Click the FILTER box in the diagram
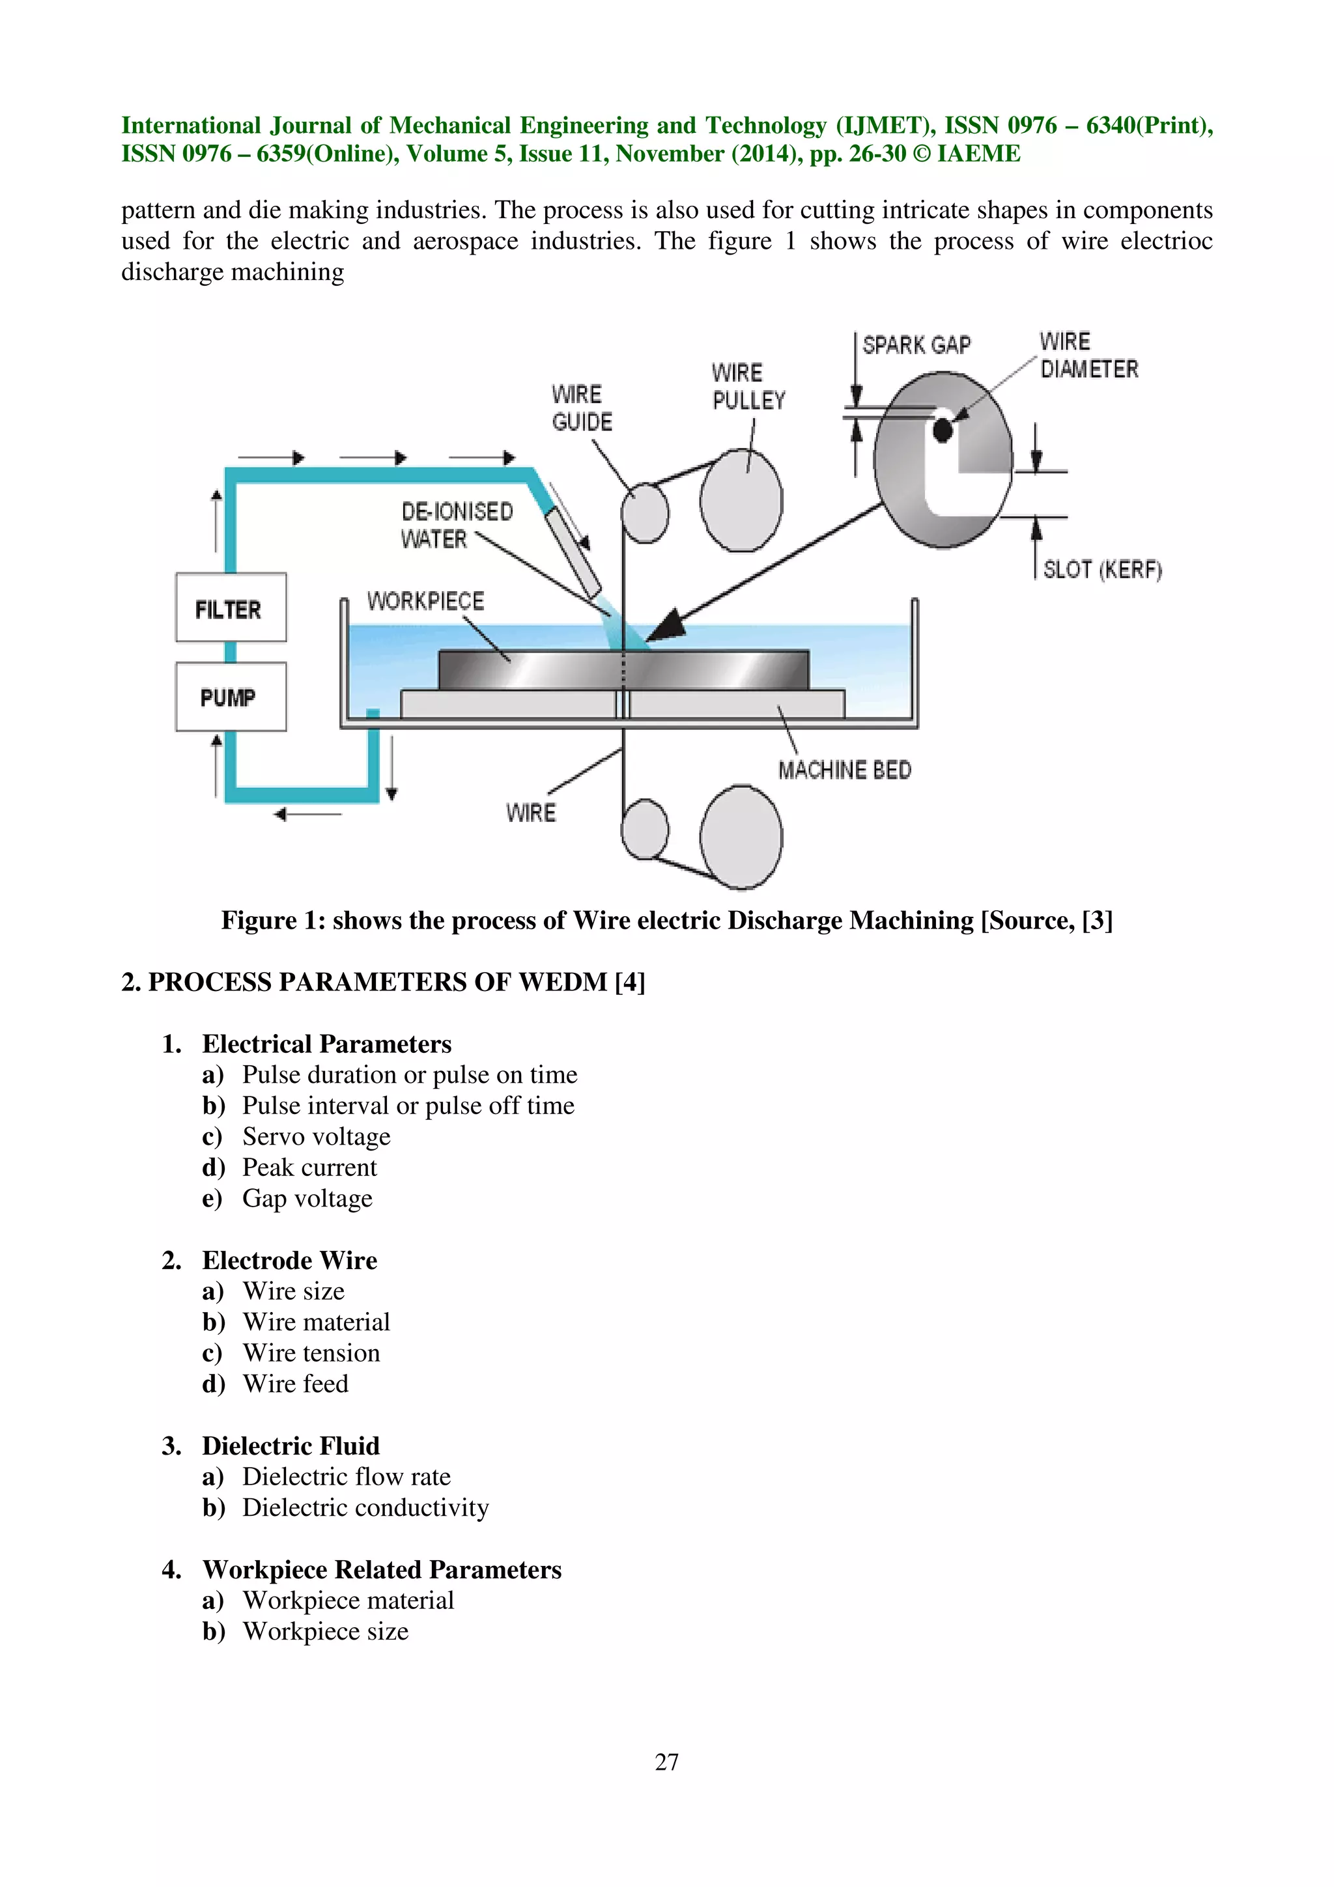(230, 608)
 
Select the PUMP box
(230, 697)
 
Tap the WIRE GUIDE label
(582, 408)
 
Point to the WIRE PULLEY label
(748, 387)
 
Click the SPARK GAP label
(916, 345)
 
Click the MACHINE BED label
(844, 770)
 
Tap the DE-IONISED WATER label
(456, 525)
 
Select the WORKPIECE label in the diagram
(425, 602)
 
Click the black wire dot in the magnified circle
(942, 430)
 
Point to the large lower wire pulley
(741, 837)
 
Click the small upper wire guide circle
(644, 513)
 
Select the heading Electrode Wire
(289, 1260)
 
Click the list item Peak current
(309, 1167)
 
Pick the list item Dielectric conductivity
(365, 1507)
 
